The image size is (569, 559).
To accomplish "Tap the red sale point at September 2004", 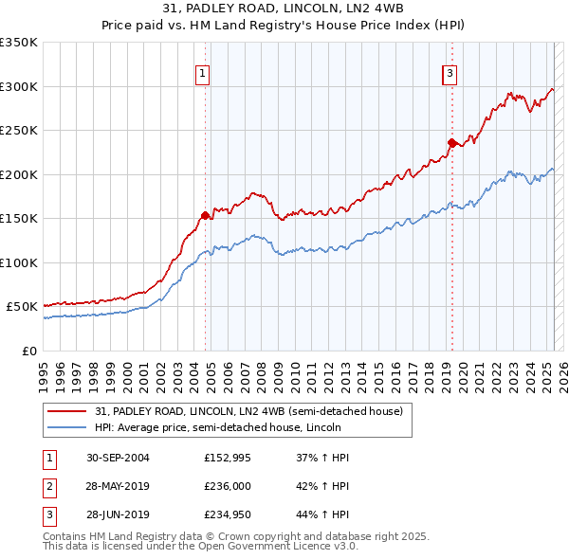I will click(x=205, y=214).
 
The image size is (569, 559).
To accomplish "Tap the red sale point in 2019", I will click(x=451, y=142).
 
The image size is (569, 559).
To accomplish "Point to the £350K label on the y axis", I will click(x=19, y=43).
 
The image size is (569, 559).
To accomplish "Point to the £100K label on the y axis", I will click(x=19, y=262).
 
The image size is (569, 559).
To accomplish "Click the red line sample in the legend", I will click(x=66, y=411).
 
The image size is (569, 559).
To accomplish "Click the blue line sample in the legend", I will click(x=66, y=427).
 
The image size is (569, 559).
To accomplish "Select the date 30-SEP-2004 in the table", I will click(x=118, y=458).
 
